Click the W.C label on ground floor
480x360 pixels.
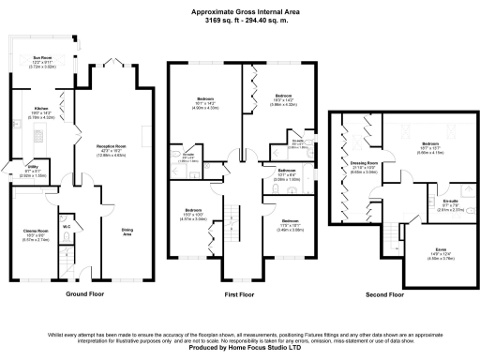tap(67, 226)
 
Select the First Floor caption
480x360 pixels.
tap(239, 294)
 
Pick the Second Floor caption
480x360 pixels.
tap(385, 294)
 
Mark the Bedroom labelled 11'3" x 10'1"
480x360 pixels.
tap(290, 222)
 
